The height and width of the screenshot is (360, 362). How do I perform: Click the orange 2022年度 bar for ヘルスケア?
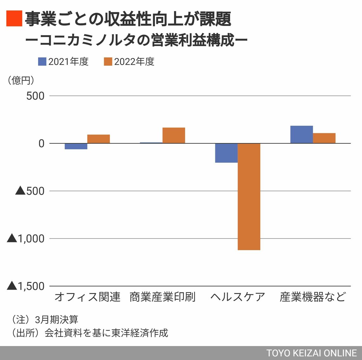tap(249, 197)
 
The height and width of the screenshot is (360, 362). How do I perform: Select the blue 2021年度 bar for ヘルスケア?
tap(226, 153)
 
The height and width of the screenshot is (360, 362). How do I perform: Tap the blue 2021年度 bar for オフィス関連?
tap(76, 146)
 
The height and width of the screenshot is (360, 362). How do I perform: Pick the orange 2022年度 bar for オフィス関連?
tap(98, 139)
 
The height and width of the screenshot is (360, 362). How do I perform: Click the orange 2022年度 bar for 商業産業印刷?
tap(174, 135)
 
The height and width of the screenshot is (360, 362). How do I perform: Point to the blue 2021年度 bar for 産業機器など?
tap(301, 134)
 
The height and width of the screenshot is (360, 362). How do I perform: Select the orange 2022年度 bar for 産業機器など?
tap(324, 138)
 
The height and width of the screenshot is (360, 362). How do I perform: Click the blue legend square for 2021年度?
tap(42, 62)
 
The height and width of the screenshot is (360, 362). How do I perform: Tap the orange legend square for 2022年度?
tap(108, 62)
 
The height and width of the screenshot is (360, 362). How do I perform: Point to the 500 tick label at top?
tap(35, 96)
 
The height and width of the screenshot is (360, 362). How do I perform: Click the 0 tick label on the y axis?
tap(41, 143)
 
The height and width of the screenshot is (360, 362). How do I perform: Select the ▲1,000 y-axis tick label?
tap(26, 239)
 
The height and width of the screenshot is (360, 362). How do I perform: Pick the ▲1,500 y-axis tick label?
tap(26, 286)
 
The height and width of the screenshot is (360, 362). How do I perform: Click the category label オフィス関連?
tap(87, 297)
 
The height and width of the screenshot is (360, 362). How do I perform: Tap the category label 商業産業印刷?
tap(163, 297)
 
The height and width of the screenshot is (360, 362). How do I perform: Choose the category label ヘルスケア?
tap(238, 297)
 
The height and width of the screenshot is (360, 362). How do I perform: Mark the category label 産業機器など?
tap(313, 297)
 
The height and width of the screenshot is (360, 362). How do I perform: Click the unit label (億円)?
tap(21, 80)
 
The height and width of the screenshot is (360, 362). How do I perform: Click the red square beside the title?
tap(14, 18)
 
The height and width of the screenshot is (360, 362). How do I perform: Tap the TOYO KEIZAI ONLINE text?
tap(312, 353)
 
